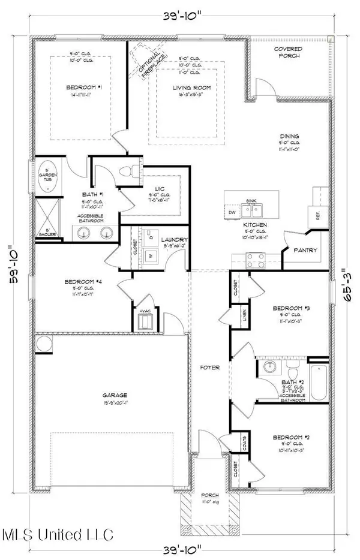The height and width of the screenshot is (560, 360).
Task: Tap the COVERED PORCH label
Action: coord(288,52)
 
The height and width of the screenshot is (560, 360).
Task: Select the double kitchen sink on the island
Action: coord(252,210)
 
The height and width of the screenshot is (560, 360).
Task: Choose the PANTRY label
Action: coord(306,250)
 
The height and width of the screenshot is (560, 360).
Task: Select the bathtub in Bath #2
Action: coord(319,379)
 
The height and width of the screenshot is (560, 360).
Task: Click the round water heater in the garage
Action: coord(44,344)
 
